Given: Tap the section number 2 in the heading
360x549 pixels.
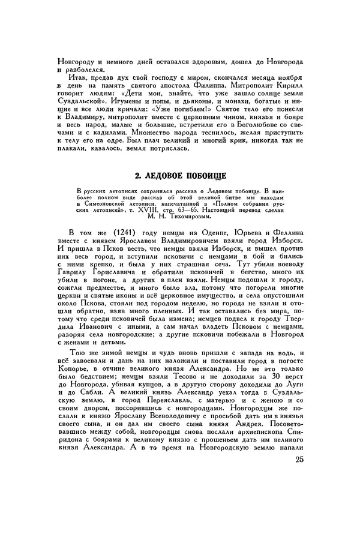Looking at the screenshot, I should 135,175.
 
